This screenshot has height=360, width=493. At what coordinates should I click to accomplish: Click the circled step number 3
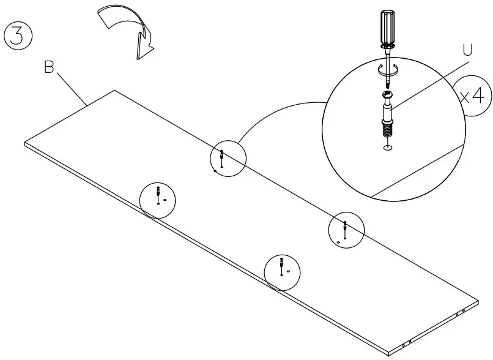coord(18,35)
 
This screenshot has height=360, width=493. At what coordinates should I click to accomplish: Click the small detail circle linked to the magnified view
coord(228,158)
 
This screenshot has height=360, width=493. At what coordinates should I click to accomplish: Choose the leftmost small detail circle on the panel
coord(158,199)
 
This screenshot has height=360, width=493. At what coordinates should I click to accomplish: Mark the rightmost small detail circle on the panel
coord(346,231)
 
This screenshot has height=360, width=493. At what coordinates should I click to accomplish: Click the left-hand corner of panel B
coord(26,144)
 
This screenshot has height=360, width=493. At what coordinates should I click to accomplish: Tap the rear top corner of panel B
coord(114,91)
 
